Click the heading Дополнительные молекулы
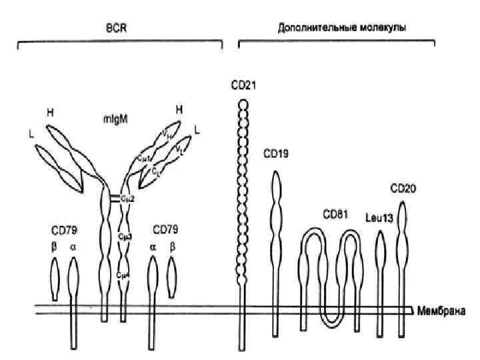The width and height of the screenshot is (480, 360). click(342, 29)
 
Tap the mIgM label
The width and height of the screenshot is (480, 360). click(116, 120)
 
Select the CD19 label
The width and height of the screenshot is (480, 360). click(275, 154)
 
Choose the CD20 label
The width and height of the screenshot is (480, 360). click(403, 188)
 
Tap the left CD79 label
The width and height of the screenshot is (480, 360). click(64, 231)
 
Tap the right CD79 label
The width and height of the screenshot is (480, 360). click(165, 231)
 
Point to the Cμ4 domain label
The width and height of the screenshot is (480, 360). click(122, 274)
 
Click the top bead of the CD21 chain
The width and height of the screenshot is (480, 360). click(243, 104)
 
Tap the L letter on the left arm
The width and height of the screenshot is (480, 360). click(31, 133)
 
